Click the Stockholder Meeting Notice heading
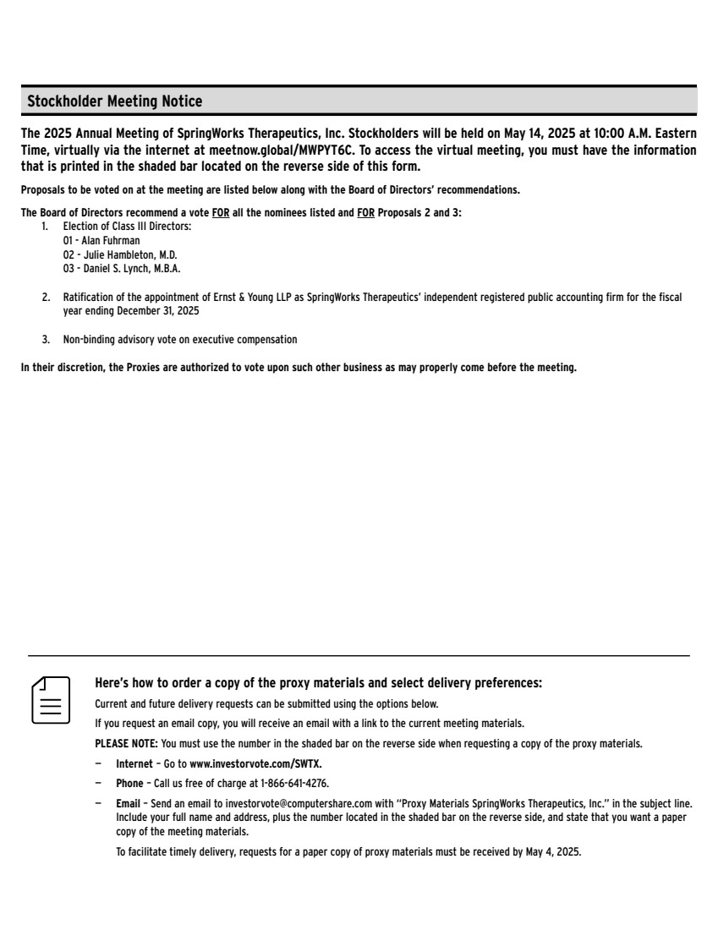(115, 101)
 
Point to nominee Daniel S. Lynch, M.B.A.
(128, 269)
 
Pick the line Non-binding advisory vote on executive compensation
(180, 340)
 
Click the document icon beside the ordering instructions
(51, 699)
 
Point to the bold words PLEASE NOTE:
(126, 744)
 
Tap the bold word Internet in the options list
(134, 763)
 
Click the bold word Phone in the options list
(129, 784)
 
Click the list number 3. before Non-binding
(46, 340)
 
